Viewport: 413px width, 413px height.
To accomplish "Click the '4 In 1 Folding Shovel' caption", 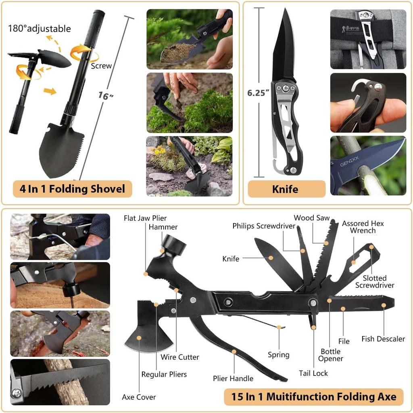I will pos(73,189).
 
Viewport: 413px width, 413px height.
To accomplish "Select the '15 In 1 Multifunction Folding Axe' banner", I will pos(313,397).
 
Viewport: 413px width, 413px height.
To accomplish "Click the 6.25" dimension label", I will pos(258,92).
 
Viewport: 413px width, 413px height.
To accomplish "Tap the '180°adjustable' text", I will pos(40,29).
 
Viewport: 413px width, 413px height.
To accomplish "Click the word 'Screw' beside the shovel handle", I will pos(101,66).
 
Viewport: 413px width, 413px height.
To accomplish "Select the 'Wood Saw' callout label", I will pos(311,218).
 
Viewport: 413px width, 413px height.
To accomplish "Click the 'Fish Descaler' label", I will pos(383,339).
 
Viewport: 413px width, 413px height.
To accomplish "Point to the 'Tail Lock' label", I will pos(313,373).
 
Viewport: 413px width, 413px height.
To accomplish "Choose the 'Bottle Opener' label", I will pos(331,355).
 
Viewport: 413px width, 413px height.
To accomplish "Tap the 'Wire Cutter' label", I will pos(180,357).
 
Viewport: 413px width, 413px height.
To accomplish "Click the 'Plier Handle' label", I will pos(233,378).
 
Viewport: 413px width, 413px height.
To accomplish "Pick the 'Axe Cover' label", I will pos(139,397).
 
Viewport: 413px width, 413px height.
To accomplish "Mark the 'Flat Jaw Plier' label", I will pos(145,218).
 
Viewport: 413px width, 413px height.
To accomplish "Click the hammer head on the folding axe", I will pos(174,245).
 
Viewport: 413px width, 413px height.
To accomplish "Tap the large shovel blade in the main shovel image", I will pos(60,149).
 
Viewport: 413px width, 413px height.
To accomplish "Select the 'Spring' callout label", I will pos(278,355).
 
